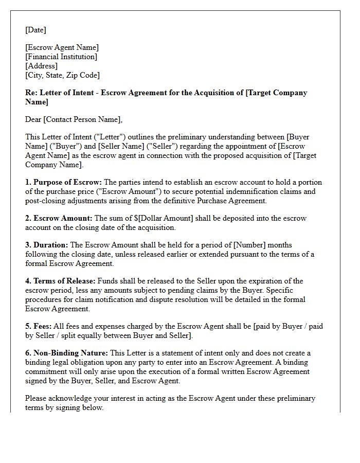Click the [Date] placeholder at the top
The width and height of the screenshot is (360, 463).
[x=35, y=30]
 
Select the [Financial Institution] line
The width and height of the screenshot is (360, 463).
[x=61, y=57]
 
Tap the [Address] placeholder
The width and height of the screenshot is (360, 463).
[x=42, y=66]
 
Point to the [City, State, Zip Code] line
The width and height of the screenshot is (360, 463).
[x=62, y=75]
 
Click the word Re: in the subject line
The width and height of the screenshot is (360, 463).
[x=31, y=93]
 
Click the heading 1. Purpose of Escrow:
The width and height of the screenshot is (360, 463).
[x=63, y=182]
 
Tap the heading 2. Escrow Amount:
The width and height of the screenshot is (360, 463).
[x=59, y=218]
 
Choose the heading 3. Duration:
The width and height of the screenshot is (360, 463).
[x=46, y=245]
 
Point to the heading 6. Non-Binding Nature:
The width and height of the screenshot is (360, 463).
[x=67, y=353]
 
